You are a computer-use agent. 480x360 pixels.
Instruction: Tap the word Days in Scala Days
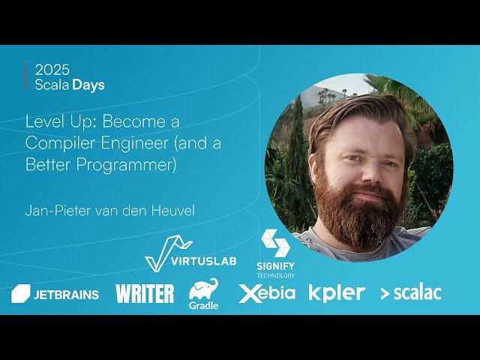pyautogui.click(x=88, y=85)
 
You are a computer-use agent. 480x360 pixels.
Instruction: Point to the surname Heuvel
pyautogui.click(x=172, y=211)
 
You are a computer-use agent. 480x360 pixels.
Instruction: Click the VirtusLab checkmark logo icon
pyautogui.click(x=166, y=253)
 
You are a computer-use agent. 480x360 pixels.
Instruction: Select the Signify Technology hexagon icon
pyautogui.click(x=275, y=243)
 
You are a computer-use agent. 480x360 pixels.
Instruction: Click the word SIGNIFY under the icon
pyautogui.click(x=275, y=267)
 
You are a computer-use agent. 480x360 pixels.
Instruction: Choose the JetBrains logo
pyautogui.click(x=55, y=294)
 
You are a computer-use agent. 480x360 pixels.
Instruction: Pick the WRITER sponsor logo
pyautogui.click(x=145, y=293)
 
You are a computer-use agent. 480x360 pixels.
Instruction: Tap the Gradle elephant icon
pyautogui.click(x=204, y=289)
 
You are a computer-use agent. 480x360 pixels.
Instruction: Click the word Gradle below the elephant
pyautogui.click(x=203, y=305)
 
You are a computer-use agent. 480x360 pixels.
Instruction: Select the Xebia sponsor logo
pyautogui.click(x=267, y=293)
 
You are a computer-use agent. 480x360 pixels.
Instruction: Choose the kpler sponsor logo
pyautogui.click(x=337, y=292)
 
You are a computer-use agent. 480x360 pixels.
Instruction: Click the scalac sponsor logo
pyautogui.click(x=410, y=293)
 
